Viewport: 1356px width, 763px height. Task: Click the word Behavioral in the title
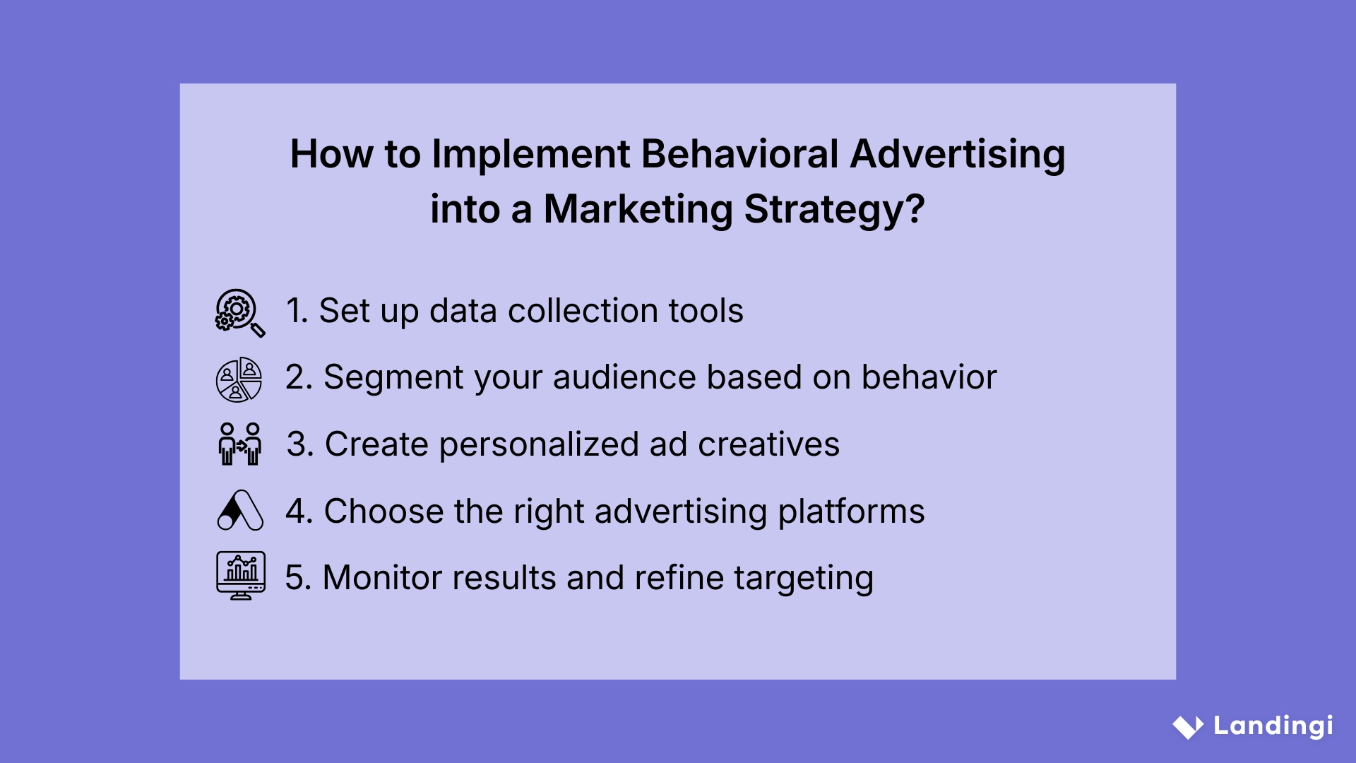coord(739,153)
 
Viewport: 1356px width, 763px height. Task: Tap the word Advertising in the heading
coord(958,155)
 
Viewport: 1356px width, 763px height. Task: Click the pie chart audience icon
coord(239,379)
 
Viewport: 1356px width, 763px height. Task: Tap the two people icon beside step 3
coord(240,444)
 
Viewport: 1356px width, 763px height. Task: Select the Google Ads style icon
coord(240,510)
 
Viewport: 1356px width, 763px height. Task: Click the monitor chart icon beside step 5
coord(241,575)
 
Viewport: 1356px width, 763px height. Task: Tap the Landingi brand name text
coord(1273,726)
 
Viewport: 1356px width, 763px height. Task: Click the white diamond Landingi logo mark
coord(1188,727)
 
